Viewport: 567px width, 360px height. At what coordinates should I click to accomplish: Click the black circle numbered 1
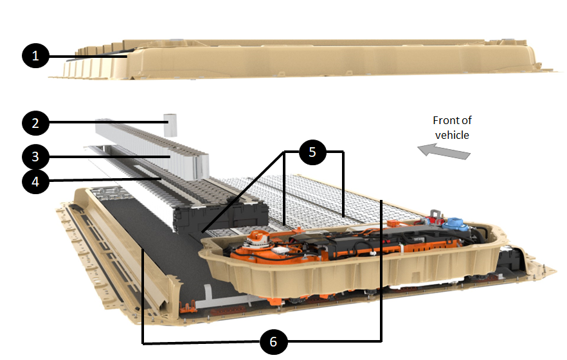[36, 57]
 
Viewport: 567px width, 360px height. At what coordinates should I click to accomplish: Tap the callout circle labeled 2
[36, 122]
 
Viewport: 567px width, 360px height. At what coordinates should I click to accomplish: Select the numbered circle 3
[36, 156]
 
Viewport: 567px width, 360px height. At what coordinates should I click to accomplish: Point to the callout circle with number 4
[36, 182]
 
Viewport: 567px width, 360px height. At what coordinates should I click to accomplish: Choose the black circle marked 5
[312, 152]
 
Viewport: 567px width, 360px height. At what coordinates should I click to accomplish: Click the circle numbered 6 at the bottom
[274, 342]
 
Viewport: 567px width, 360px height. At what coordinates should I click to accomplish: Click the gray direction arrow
[444, 151]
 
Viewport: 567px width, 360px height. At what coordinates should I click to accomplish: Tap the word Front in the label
[447, 120]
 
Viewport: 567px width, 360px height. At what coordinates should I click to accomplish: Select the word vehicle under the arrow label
[453, 134]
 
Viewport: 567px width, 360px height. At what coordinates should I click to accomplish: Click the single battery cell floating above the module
[170, 124]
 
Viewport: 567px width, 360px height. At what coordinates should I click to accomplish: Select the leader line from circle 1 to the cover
[90, 57]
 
